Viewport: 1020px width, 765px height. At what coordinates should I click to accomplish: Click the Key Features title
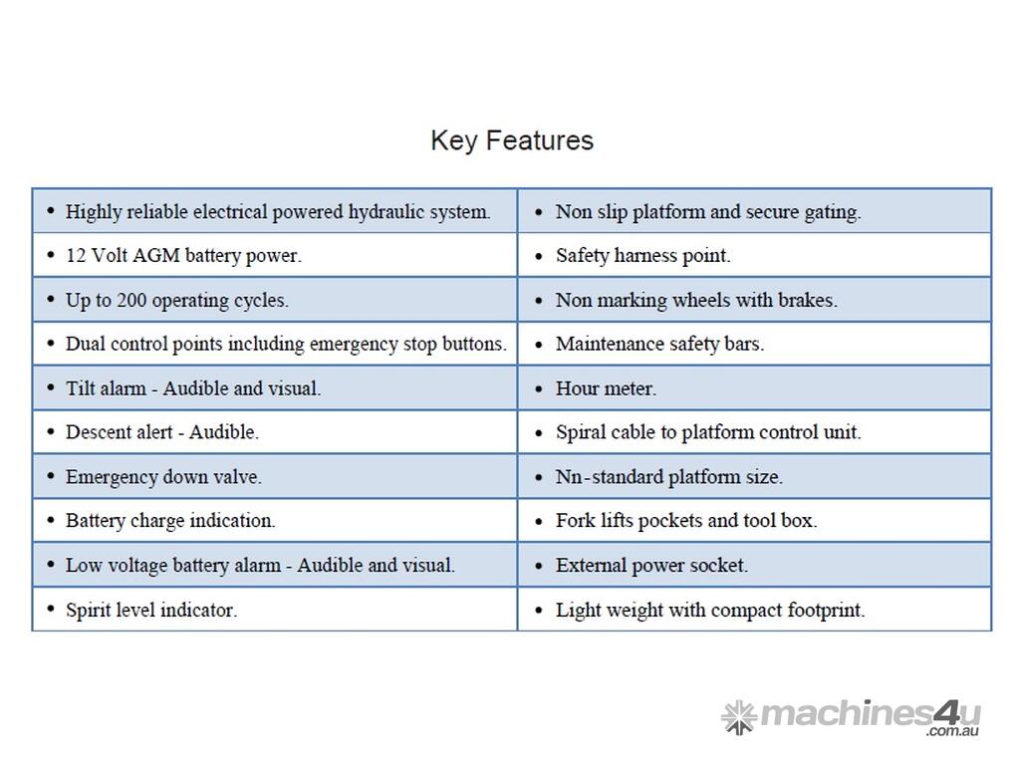pyautogui.click(x=512, y=140)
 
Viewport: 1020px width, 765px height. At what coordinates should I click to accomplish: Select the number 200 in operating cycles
pyautogui.click(x=131, y=300)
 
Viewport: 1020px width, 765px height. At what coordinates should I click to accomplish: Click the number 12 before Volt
pyautogui.click(x=76, y=255)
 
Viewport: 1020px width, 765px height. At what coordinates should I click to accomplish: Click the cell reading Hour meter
pyautogui.click(x=755, y=388)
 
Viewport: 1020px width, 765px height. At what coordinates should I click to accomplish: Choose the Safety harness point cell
pyautogui.click(x=755, y=255)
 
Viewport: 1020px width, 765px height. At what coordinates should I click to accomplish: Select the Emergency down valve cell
pyautogui.click(x=275, y=476)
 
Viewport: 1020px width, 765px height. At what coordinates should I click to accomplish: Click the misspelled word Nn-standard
pyautogui.click(x=609, y=477)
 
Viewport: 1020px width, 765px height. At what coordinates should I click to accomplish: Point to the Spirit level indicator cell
pyautogui.click(x=275, y=610)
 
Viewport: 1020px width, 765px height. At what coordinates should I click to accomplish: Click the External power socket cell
pyautogui.click(x=755, y=565)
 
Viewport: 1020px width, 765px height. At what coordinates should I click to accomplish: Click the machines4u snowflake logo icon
pyautogui.click(x=739, y=717)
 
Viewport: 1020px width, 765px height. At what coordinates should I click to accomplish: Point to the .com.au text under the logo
pyautogui.click(x=952, y=731)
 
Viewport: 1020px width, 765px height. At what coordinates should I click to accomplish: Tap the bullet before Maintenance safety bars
pyautogui.click(x=539, y=344)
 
